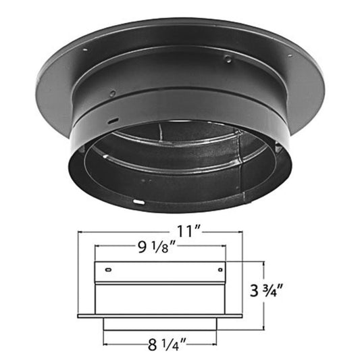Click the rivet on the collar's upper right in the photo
click(x=228, y=59)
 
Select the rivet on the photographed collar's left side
click(x=112, y=93)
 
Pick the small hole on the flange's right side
click(x=291, y=55)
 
